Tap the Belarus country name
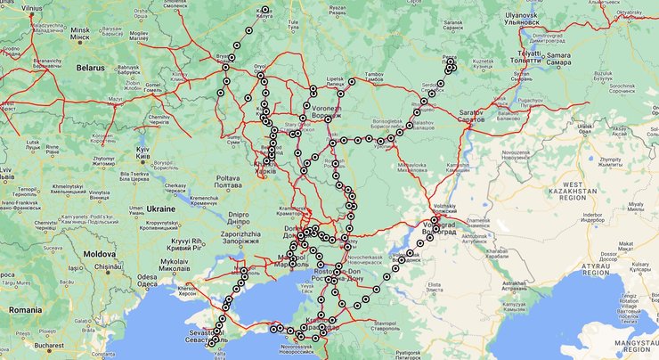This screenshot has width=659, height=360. click(x=90, y=67)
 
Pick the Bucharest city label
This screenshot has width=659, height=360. click(x=58, y=343)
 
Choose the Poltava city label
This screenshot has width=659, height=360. click(x=229, y=178)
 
